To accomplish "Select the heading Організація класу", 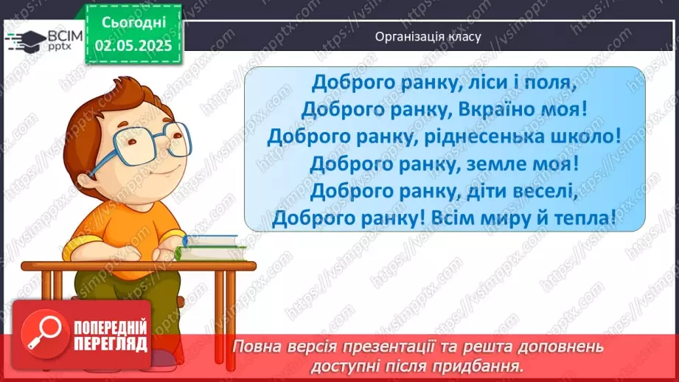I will pos(428,36).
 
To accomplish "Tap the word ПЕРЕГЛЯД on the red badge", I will pos(110,344).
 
